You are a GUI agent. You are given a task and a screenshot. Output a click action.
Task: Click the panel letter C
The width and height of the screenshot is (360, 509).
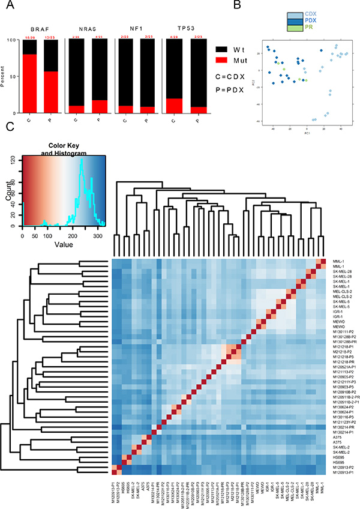pyautogui.click(x=7, y=127)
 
